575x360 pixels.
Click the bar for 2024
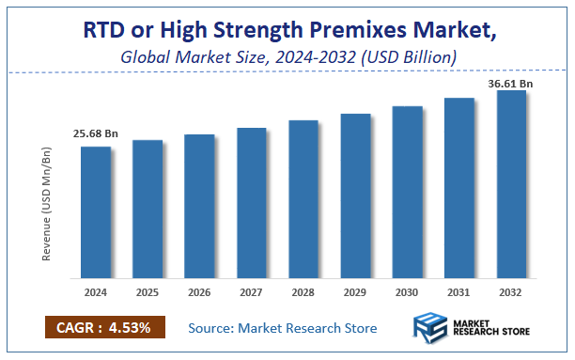[x=95, y=212]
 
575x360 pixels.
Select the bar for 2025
[x=148, y=210]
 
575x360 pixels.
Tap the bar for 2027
[x=251, y=203]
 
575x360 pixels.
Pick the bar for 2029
[x=355, y=196]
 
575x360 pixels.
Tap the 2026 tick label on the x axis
[x=199, y=292]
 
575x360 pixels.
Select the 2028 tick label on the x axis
[x=303, y=292]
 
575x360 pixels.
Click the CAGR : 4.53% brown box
[x=104, y=327]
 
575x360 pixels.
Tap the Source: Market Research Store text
[x=282, y=328]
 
